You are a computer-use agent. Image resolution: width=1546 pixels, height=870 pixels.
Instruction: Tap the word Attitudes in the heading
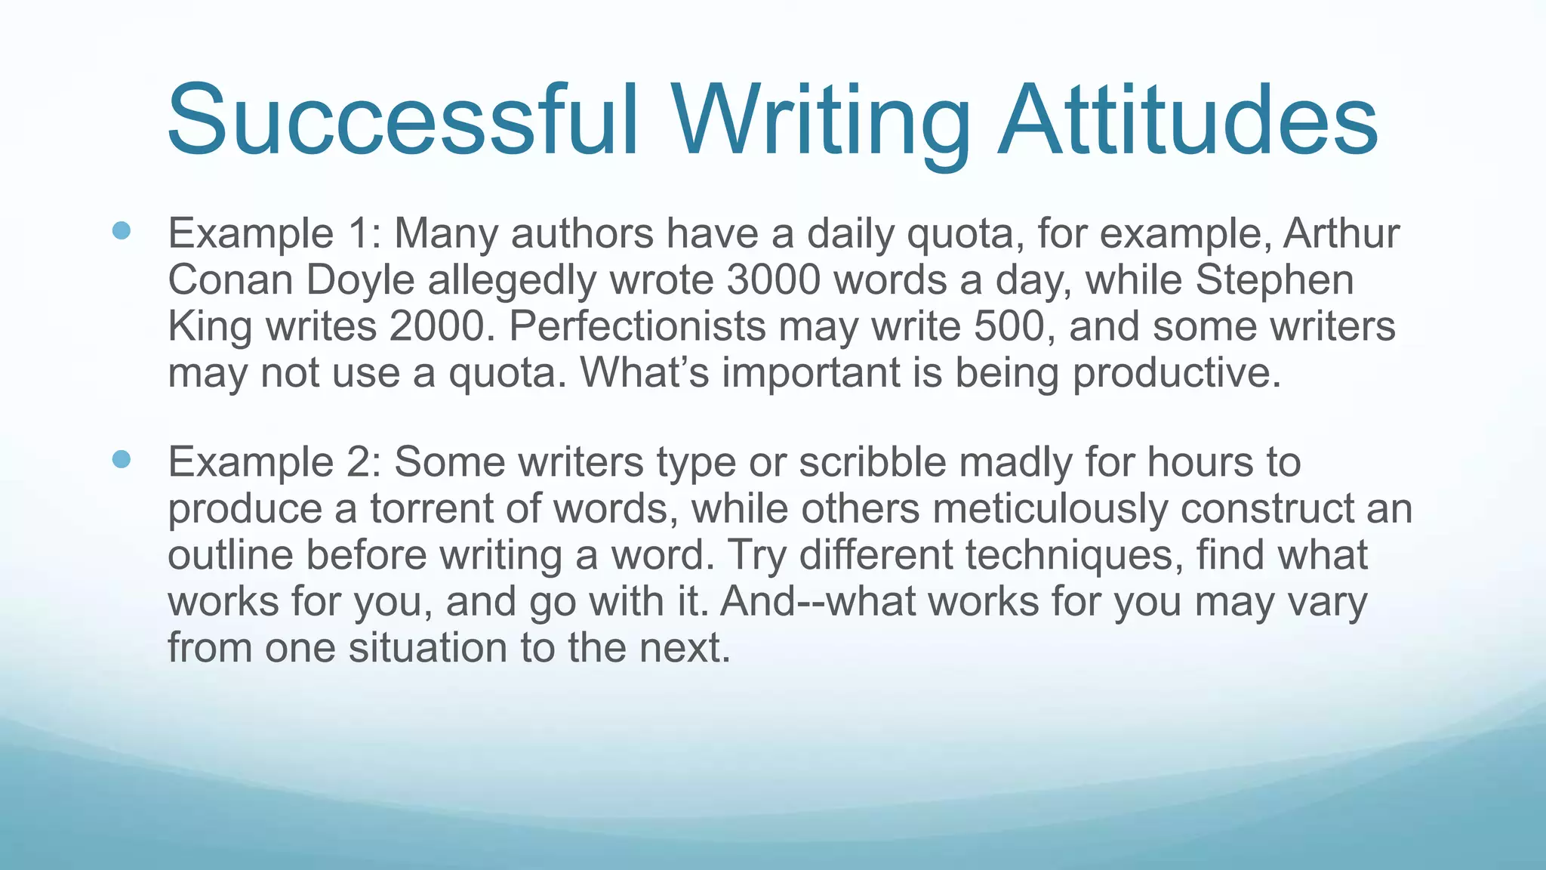pyautogui.click(x=1188, y=121)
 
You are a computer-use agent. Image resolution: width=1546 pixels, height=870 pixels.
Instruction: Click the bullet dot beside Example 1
pyautogui.click(x=121, y=230)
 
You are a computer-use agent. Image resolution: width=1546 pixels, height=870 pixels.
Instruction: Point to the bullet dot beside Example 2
pyautogui.click(x=121, y=459)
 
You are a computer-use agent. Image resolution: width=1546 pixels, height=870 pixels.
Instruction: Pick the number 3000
pyautogui.click(x=773, y=280)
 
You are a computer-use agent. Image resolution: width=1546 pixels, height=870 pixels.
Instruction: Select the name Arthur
pyautogui.click(x=1341, y=233)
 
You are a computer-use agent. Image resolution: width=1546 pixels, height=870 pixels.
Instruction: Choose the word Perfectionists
pyautogui.click(x=637, y=327)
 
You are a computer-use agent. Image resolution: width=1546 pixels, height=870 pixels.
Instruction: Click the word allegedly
pyautogui.click(x=513, y=282)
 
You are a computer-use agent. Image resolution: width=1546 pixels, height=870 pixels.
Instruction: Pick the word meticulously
pyautogui.click(x=1050, y=509)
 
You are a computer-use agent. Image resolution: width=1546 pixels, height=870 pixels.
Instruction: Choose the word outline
pyautogui.click(x=229, y=556)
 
